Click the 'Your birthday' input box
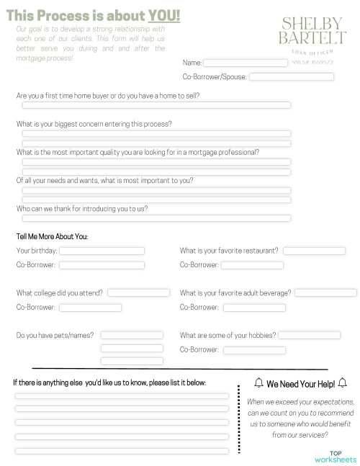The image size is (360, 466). [102, 251]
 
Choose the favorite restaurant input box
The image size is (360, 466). [315, 251]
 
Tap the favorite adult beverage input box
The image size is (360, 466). [325, 293]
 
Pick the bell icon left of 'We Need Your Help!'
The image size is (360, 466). [259, 382]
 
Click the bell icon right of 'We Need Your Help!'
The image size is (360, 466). [342, 382]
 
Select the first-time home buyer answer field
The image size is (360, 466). [156, 105]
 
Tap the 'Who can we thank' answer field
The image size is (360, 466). [156, 218]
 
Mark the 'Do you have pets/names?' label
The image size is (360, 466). [55, 335]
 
